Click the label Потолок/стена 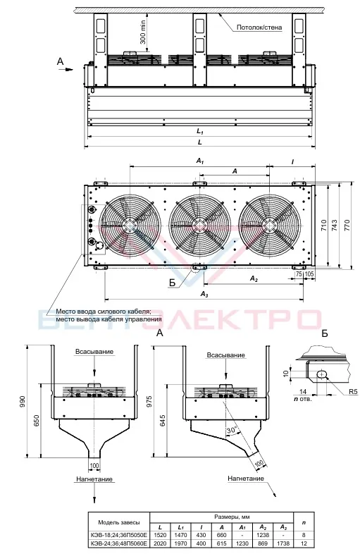[259, 27]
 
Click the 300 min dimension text [143, 32]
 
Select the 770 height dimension [347, 225]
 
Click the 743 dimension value [335, 225]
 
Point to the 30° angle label [231, 431]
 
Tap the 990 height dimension [23, 402]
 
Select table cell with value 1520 [161, 535]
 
